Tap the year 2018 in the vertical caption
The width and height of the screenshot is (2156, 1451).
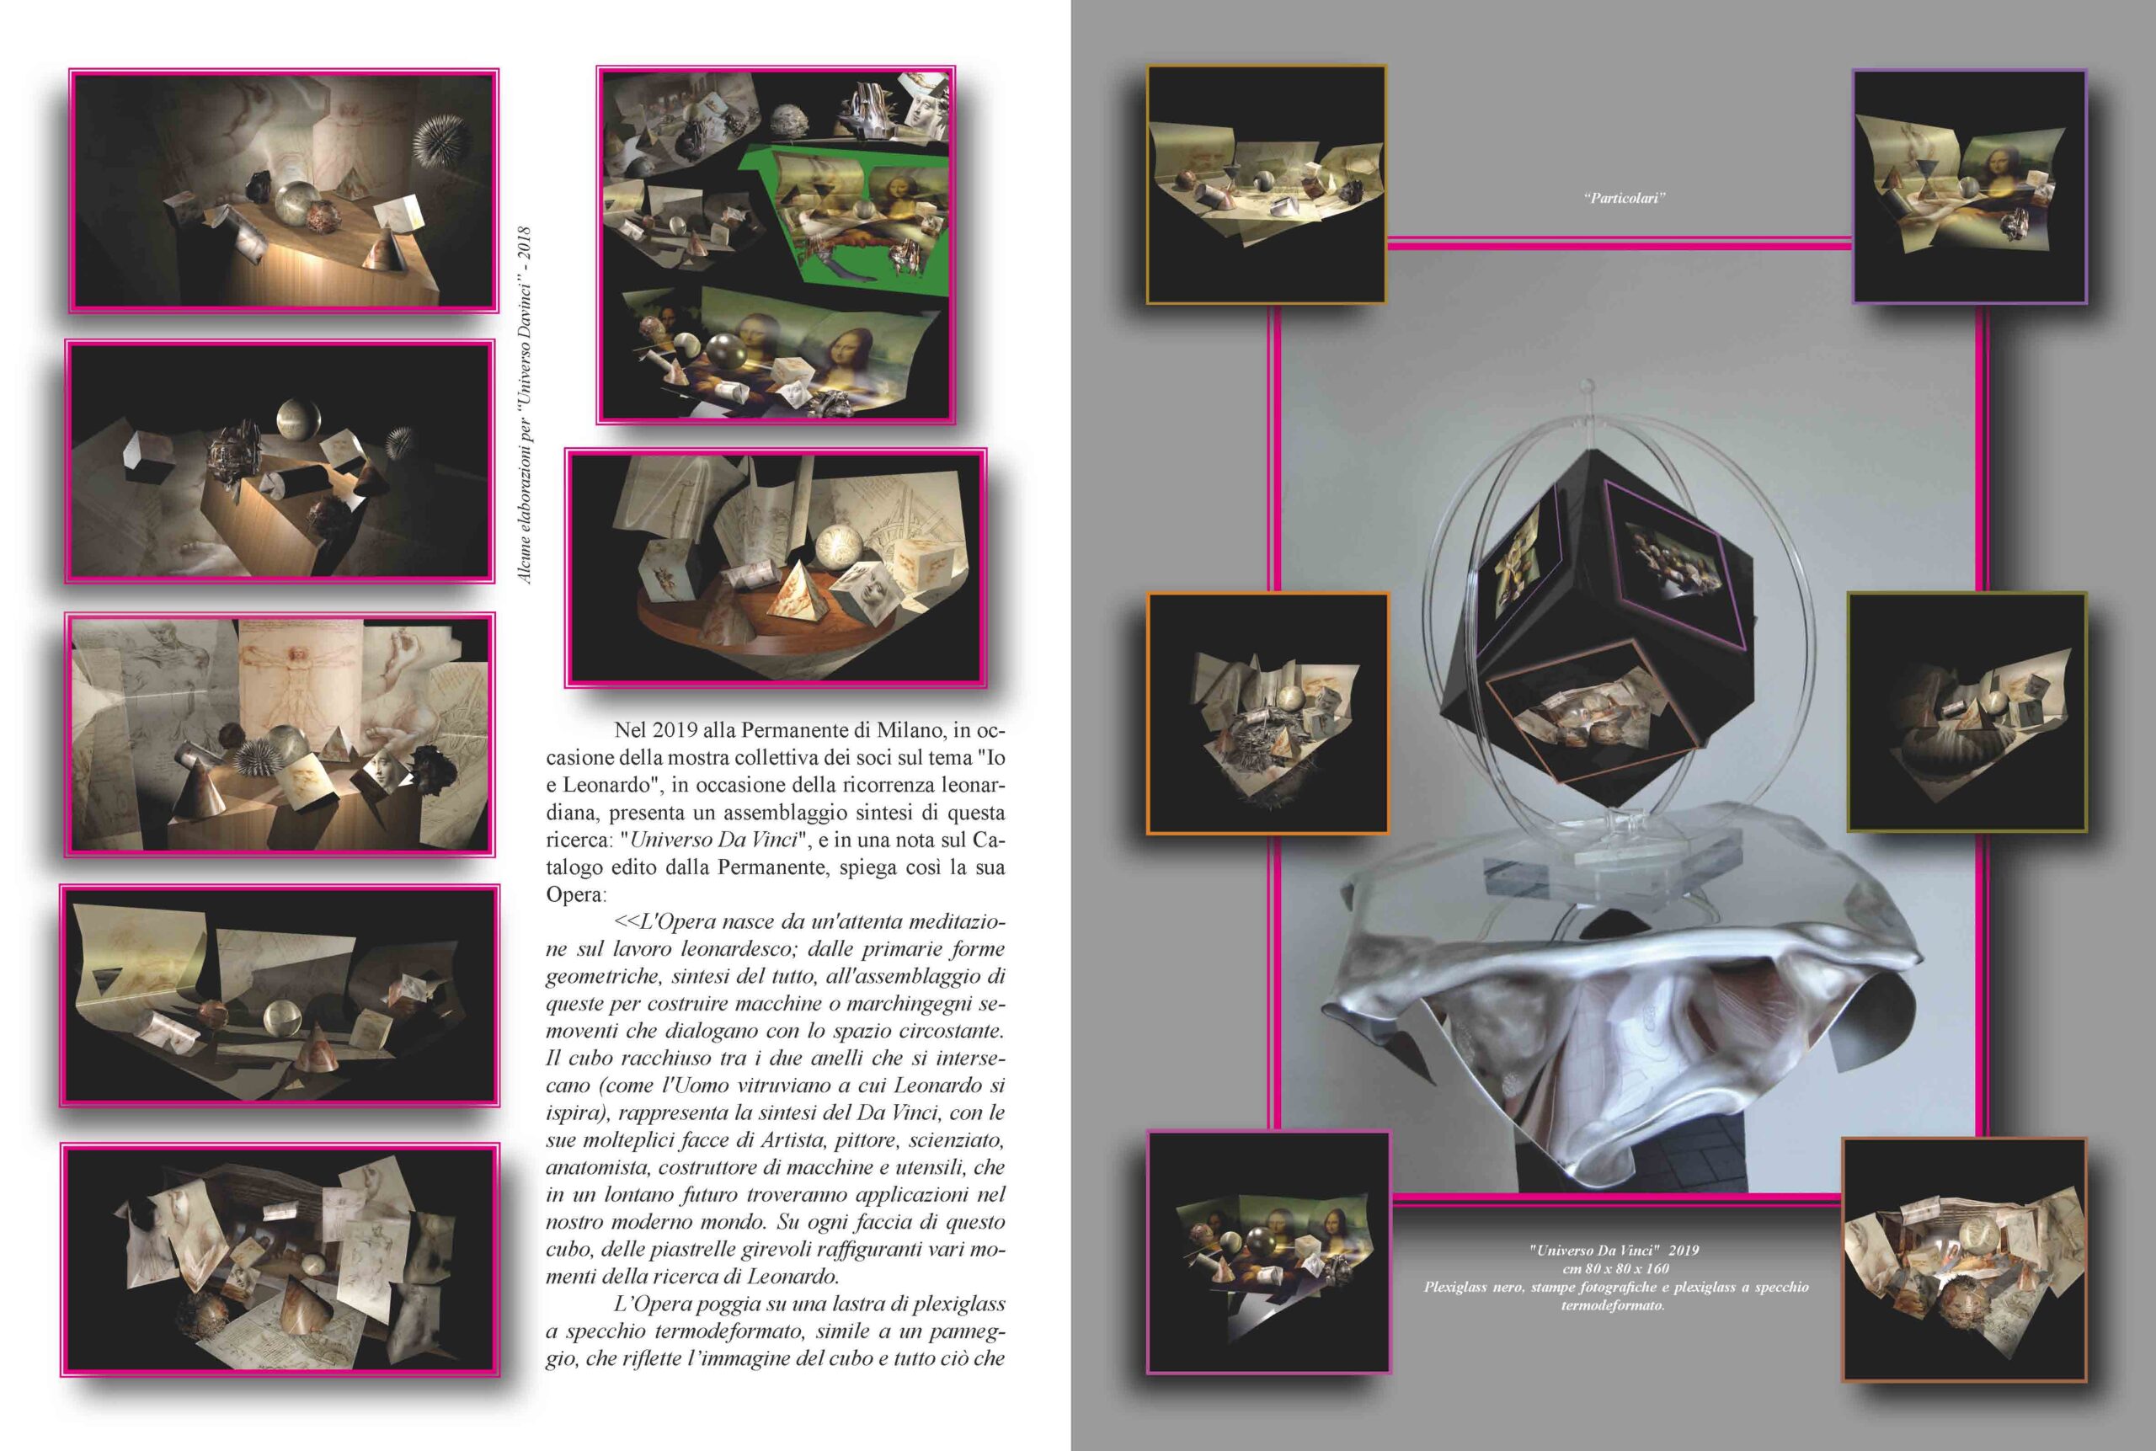click(x=525, y=245)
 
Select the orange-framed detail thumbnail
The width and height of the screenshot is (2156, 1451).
click(x=1267, y=712)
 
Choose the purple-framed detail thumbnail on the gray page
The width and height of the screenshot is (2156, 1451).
click(x=1968, y=186)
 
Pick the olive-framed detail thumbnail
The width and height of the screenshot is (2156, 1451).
click(x=1967, y=712)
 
